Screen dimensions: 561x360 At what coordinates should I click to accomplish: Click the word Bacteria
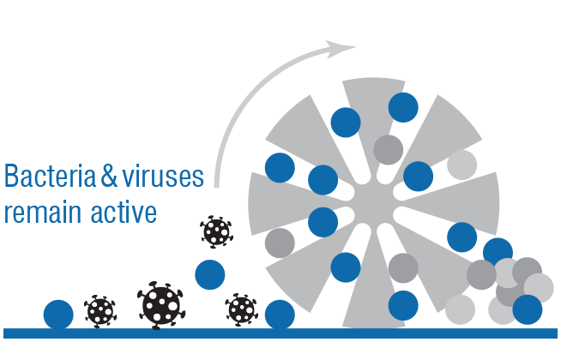click(50, 176)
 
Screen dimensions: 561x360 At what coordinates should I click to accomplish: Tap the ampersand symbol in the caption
click(109, 176)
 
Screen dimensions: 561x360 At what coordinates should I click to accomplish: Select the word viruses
click(163, 176)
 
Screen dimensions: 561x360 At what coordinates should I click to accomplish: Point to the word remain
click(43, 213)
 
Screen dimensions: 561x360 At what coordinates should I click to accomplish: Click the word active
click(124, 212)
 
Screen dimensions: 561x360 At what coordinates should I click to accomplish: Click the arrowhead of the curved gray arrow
click(341, 49)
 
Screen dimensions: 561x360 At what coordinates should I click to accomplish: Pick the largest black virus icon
click(161, 305)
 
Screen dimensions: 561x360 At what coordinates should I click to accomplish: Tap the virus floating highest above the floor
click(216, 231)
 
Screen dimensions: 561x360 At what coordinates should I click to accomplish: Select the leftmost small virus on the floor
click(100, 311)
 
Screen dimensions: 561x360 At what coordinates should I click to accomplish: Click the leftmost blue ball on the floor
click(58, 315)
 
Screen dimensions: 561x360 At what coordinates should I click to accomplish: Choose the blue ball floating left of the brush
click(210, 274)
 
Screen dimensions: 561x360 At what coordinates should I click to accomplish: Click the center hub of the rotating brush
click(373, 202)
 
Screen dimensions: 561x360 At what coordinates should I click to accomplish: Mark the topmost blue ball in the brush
click(403, 107)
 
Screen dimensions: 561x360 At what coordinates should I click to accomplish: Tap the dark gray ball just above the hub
click(389, 150)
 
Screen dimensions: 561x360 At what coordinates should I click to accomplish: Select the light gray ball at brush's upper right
click(461, 165)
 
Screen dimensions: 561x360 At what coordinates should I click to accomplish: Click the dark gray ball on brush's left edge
click(280, 243)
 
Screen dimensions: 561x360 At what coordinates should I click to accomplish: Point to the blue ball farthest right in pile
click(528, 309)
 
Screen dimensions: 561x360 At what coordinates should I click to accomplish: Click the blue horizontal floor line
click(280, 333)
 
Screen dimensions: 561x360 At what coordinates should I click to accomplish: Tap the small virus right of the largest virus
click(242, 310)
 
